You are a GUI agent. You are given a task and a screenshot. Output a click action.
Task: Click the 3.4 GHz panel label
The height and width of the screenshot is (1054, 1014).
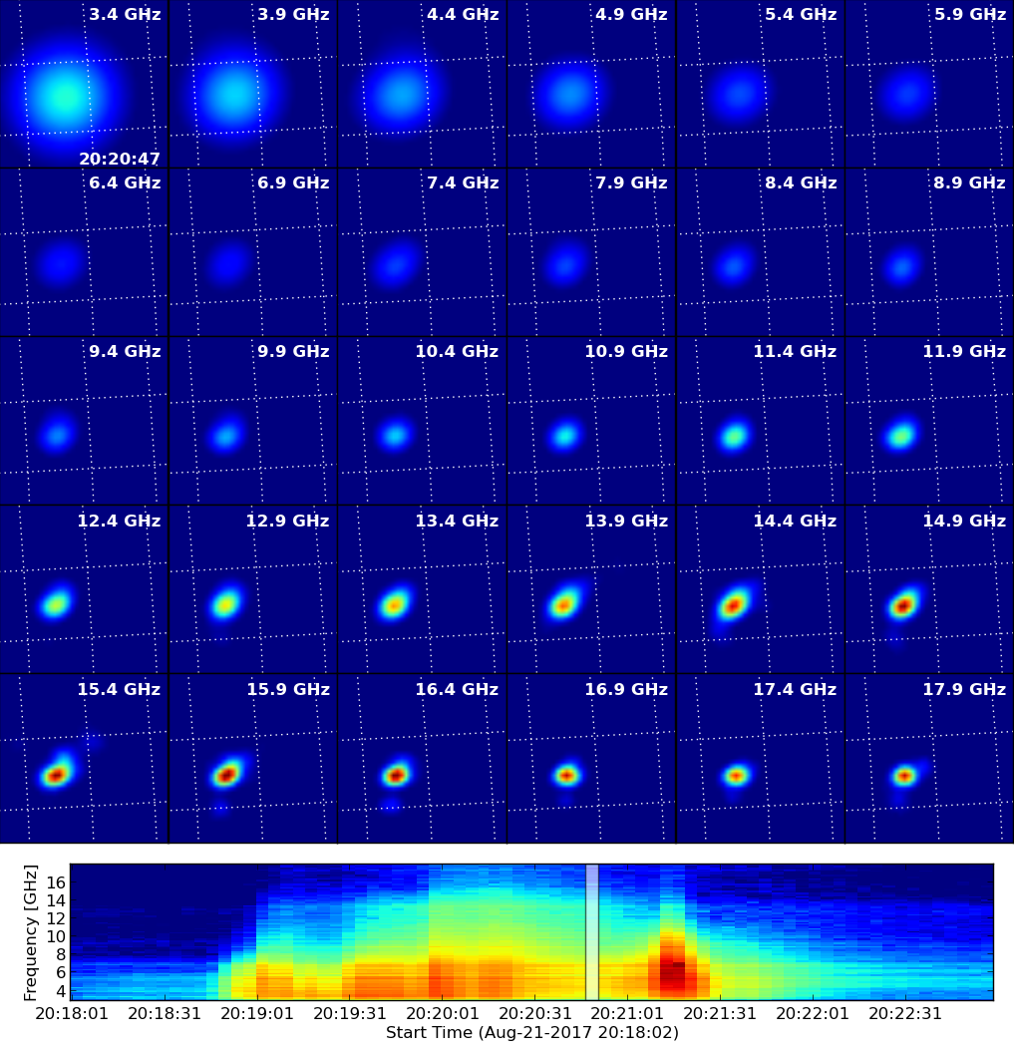coord(125,14)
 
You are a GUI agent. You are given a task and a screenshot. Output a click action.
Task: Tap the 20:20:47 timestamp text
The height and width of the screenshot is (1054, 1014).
coord(120,159)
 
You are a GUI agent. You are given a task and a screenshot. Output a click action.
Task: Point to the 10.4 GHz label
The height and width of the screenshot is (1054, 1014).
coord(457,351)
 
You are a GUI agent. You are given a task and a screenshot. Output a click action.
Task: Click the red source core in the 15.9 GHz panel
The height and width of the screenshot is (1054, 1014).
coord(227,775)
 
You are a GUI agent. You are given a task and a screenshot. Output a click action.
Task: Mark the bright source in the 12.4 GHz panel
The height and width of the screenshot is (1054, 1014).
coord(57,603)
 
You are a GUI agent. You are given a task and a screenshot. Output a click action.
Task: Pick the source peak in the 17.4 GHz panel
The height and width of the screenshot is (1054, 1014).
coord(736,776)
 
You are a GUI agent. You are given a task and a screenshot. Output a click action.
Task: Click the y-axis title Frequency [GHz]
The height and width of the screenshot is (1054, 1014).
coord(30,932)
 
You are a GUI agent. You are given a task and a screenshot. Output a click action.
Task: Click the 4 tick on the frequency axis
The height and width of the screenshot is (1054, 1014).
coord(61,991)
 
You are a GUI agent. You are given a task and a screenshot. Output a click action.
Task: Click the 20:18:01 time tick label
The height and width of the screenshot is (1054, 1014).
coord(72,1013)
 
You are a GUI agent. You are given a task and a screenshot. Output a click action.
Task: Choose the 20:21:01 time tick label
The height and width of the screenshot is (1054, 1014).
coord(627,1013)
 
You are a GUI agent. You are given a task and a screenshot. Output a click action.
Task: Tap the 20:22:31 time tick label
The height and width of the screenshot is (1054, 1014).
coord(905,1013)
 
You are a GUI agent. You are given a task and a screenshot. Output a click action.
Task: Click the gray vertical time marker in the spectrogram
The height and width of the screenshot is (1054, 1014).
coord(592,931)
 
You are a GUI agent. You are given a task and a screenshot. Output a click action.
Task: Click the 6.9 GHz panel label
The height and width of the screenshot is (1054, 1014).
coord(294,182)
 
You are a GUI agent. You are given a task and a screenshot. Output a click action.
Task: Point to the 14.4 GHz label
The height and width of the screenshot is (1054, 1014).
coord(795,521)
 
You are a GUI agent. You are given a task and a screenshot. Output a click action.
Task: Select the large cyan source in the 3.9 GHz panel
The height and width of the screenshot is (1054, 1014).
coord(233,94)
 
